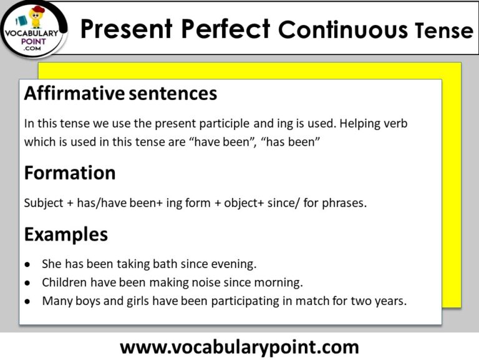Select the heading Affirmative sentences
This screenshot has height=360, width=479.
click(x=120, y=94)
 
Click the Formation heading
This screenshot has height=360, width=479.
click(x=70, y=173)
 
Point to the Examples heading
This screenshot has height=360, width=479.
click(x=65, y=235)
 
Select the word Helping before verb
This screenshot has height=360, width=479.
click(x=363, y=124)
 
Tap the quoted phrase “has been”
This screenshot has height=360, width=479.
click(x=293, y=142)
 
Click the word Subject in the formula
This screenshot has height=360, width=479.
click(x=44, y=203)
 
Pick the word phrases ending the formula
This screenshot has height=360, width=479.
click(x=344, y=203)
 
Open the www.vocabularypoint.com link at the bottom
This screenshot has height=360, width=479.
click(x=239, y=346)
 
